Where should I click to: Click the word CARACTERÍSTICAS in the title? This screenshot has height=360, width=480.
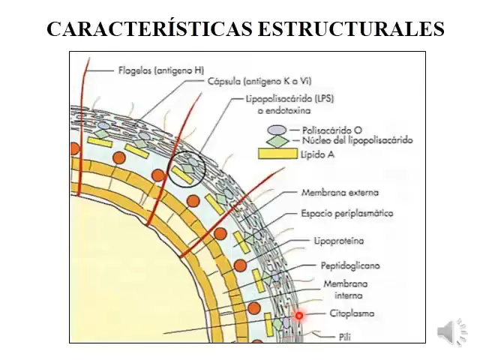click(150, 28)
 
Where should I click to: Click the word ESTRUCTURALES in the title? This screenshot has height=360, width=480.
click(352, 29)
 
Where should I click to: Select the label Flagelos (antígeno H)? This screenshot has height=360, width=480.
click(161, 70)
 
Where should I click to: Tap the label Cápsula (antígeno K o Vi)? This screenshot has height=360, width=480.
click(259, 82)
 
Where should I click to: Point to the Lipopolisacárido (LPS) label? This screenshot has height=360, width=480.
click(289, 98)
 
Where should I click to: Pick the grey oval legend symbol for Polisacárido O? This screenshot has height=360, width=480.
click(277, 130)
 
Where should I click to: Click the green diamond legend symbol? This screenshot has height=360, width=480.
click(277, 141)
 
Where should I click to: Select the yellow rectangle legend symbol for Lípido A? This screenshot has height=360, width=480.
click(278, 154)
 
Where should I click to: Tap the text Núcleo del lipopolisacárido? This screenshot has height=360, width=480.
click(358, 140)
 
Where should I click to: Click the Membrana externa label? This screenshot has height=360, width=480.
click(340, 193)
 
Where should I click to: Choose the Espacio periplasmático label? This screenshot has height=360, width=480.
click(347, 213)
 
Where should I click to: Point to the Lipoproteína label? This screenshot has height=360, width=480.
click(339, 241)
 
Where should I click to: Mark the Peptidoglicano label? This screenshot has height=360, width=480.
click(350, 265)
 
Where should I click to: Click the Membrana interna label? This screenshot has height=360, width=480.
click(346, 289)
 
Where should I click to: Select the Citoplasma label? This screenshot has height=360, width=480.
click(352, 313)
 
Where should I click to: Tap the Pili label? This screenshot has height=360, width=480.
click(345, 337)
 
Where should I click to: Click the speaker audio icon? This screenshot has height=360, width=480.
click(451, 332)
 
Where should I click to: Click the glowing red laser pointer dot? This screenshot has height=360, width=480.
click(299, 315)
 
